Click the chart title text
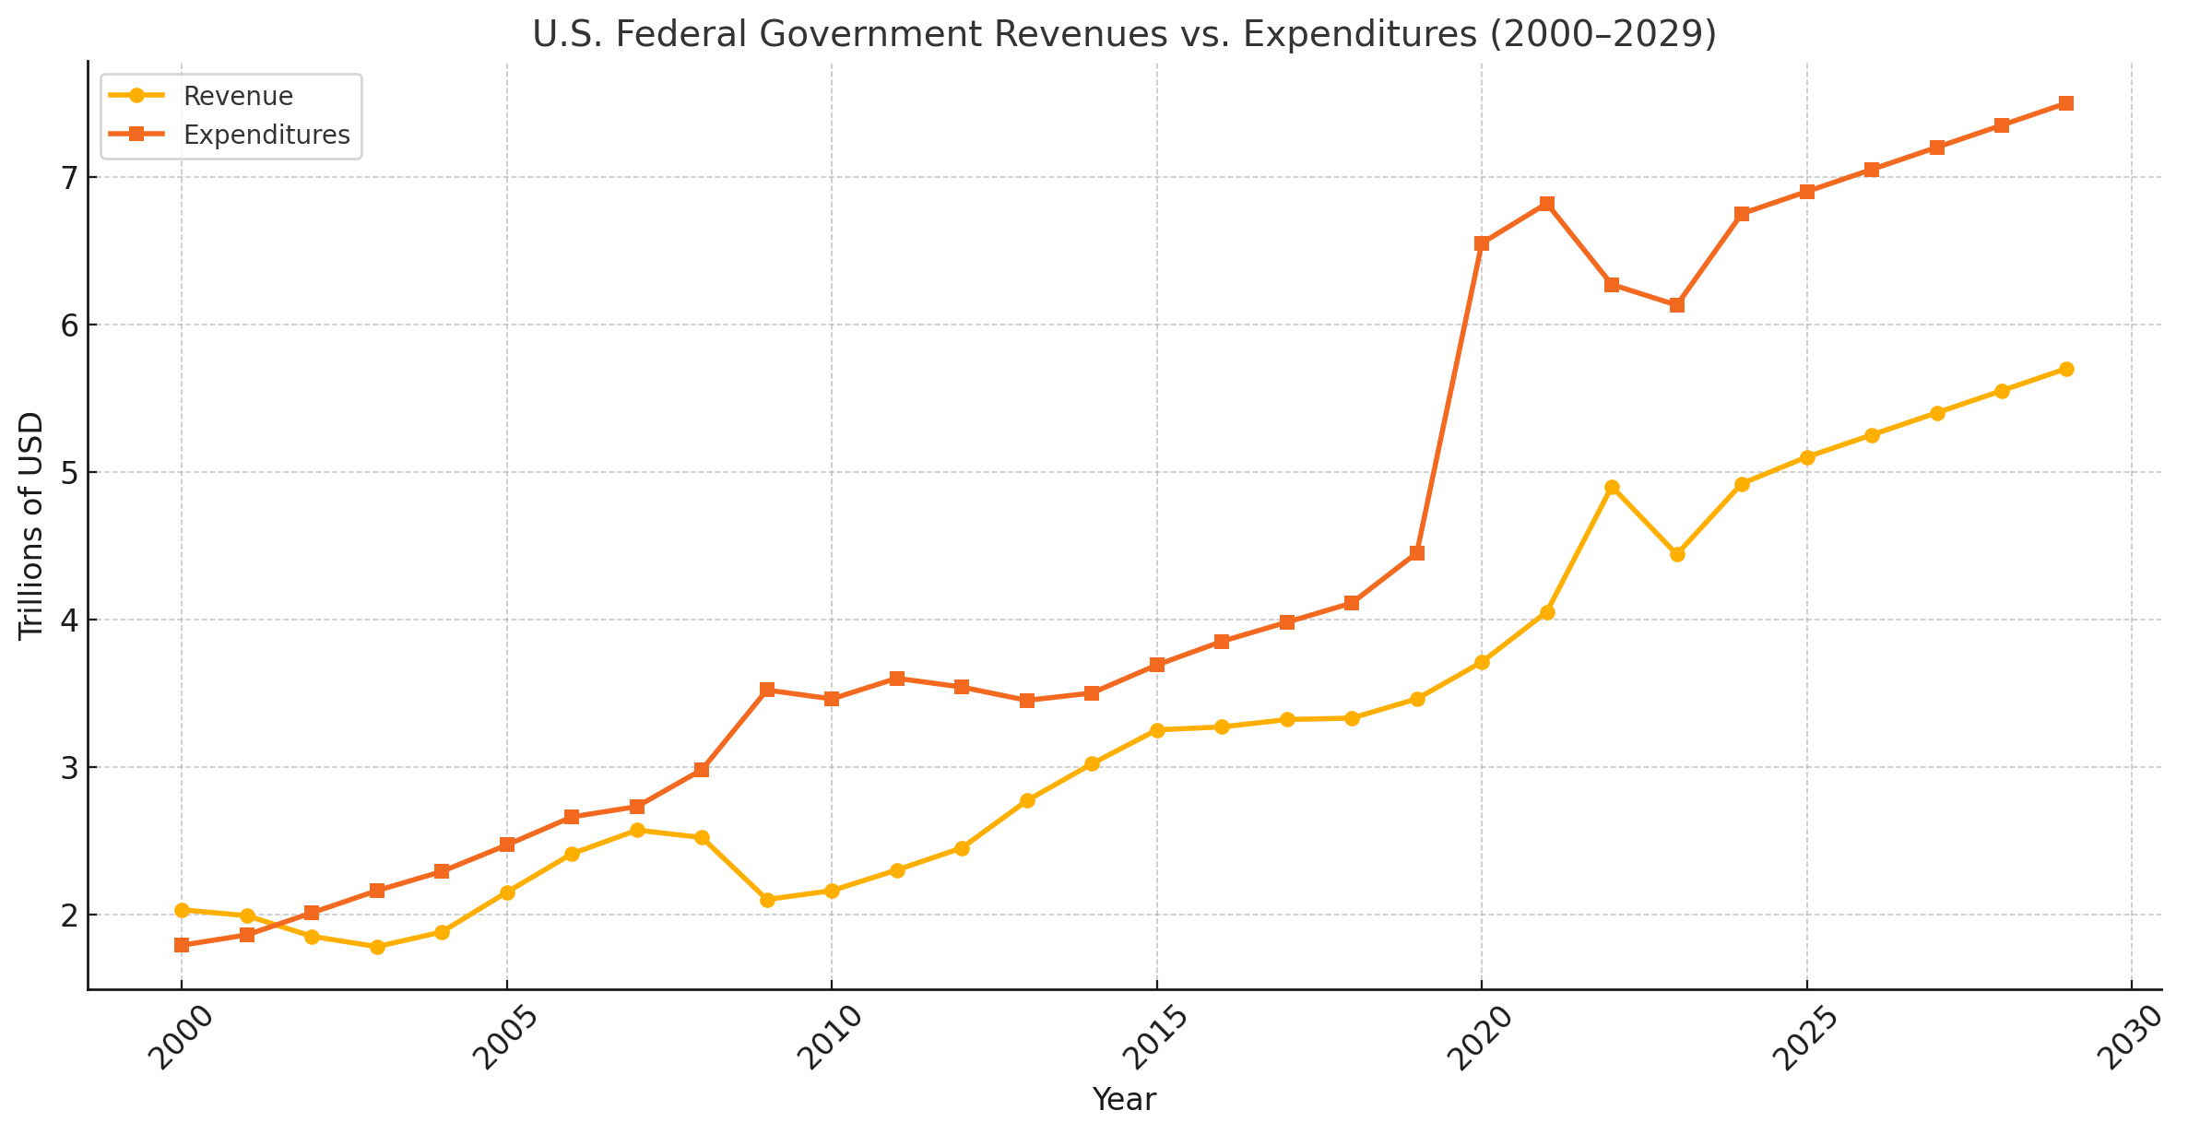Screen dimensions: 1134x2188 click(x=1124, y=35)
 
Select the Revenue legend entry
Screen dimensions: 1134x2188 click(x=238, y=96)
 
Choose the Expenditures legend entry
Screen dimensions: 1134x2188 click(x=266, y=135)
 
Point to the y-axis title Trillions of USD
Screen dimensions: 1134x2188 click(x=31, y=525)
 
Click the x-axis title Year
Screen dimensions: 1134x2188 click(x=1124, y=1099)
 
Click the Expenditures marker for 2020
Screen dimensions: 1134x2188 click(x=1482, y=243)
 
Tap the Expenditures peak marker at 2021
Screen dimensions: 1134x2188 click(x=1547, y=204)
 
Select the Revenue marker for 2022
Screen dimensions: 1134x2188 click(x=1612, y=487)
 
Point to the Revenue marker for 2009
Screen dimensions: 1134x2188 click(x=767, y=900)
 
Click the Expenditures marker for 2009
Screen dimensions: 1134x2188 click(x=767, y=690)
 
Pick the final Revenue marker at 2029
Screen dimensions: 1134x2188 click(x=2066, y=369)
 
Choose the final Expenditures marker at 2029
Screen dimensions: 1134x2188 click(x=2066, y=103)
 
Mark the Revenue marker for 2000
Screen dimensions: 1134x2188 click(x=182, y=910)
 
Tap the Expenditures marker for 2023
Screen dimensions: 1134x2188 click(x=1677, y=305)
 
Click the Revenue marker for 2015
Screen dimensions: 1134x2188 click(x=1157, y=730)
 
